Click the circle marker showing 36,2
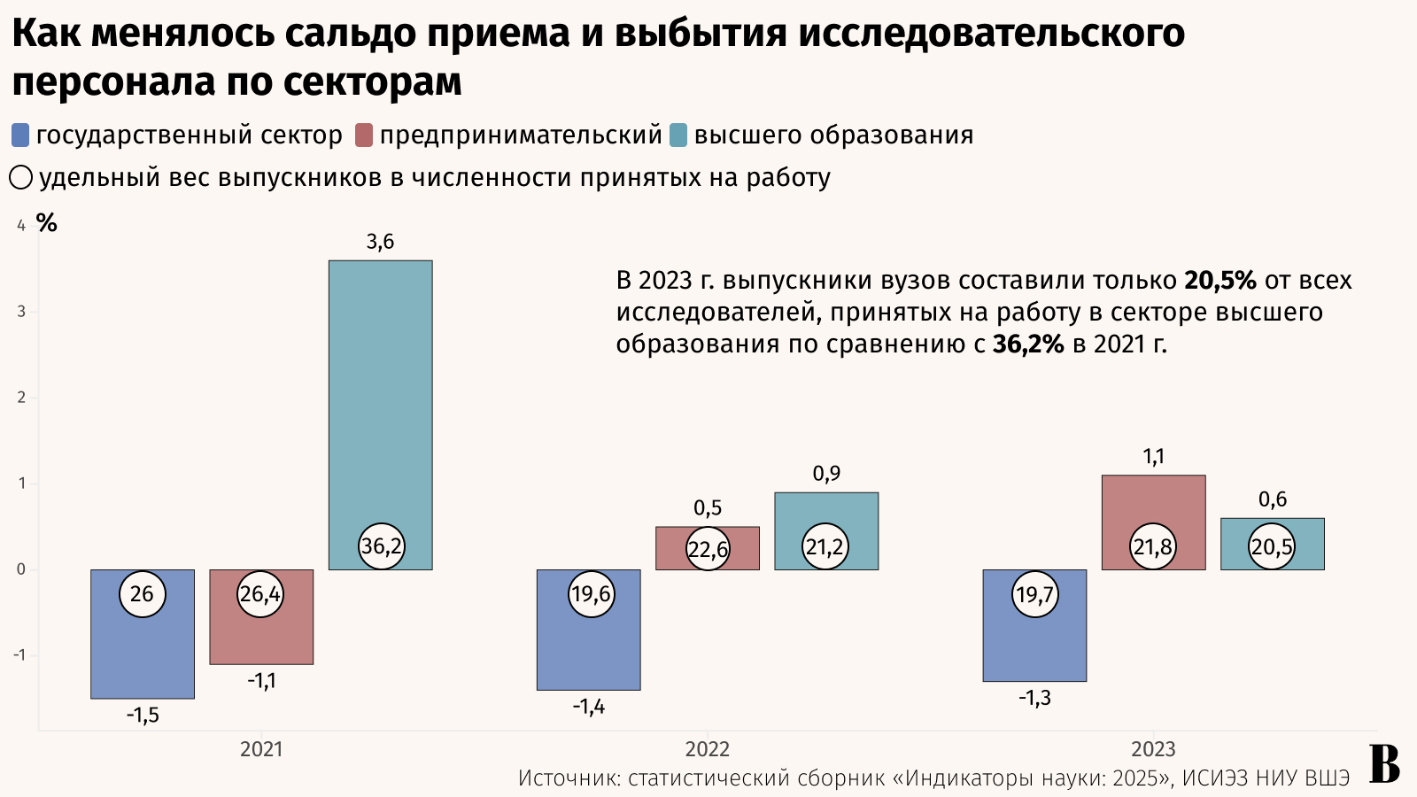(381, 546)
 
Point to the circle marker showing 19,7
(1034, 594)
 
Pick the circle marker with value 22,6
(708, 550)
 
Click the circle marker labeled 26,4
(260, 594)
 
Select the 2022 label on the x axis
(707, 749)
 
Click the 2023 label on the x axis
(1153, 749)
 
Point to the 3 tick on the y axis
(21, 312)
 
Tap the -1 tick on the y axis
(19, 655)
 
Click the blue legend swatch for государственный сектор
(20, 135)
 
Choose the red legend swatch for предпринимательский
(364, 135)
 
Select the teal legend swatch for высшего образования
(678, 135)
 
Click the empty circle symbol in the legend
(21, 178)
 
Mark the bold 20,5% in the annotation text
(1220, 281)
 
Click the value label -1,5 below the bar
(143, 715)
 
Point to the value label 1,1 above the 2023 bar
(1153, 457)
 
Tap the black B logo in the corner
(1384, 764)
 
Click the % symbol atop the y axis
(46, 223)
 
